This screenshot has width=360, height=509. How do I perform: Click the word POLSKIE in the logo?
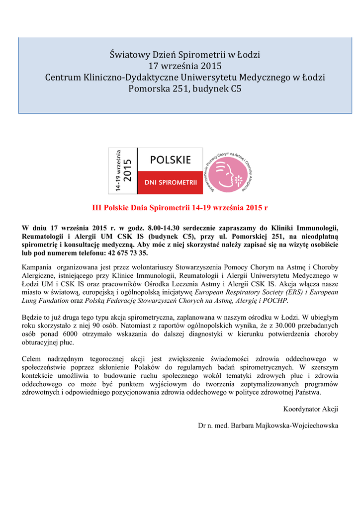[171, 160]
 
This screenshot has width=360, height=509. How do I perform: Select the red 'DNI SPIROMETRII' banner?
[171, 183]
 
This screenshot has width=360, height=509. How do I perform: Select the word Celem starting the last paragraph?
[33, 359]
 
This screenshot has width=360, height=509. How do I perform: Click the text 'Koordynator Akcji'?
[310, 409]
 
